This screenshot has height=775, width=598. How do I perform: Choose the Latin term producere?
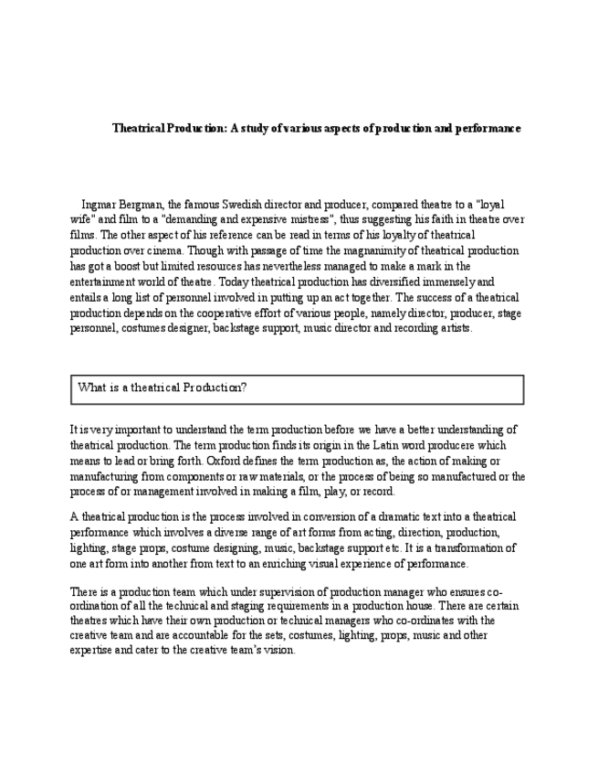(x=421, y=445)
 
